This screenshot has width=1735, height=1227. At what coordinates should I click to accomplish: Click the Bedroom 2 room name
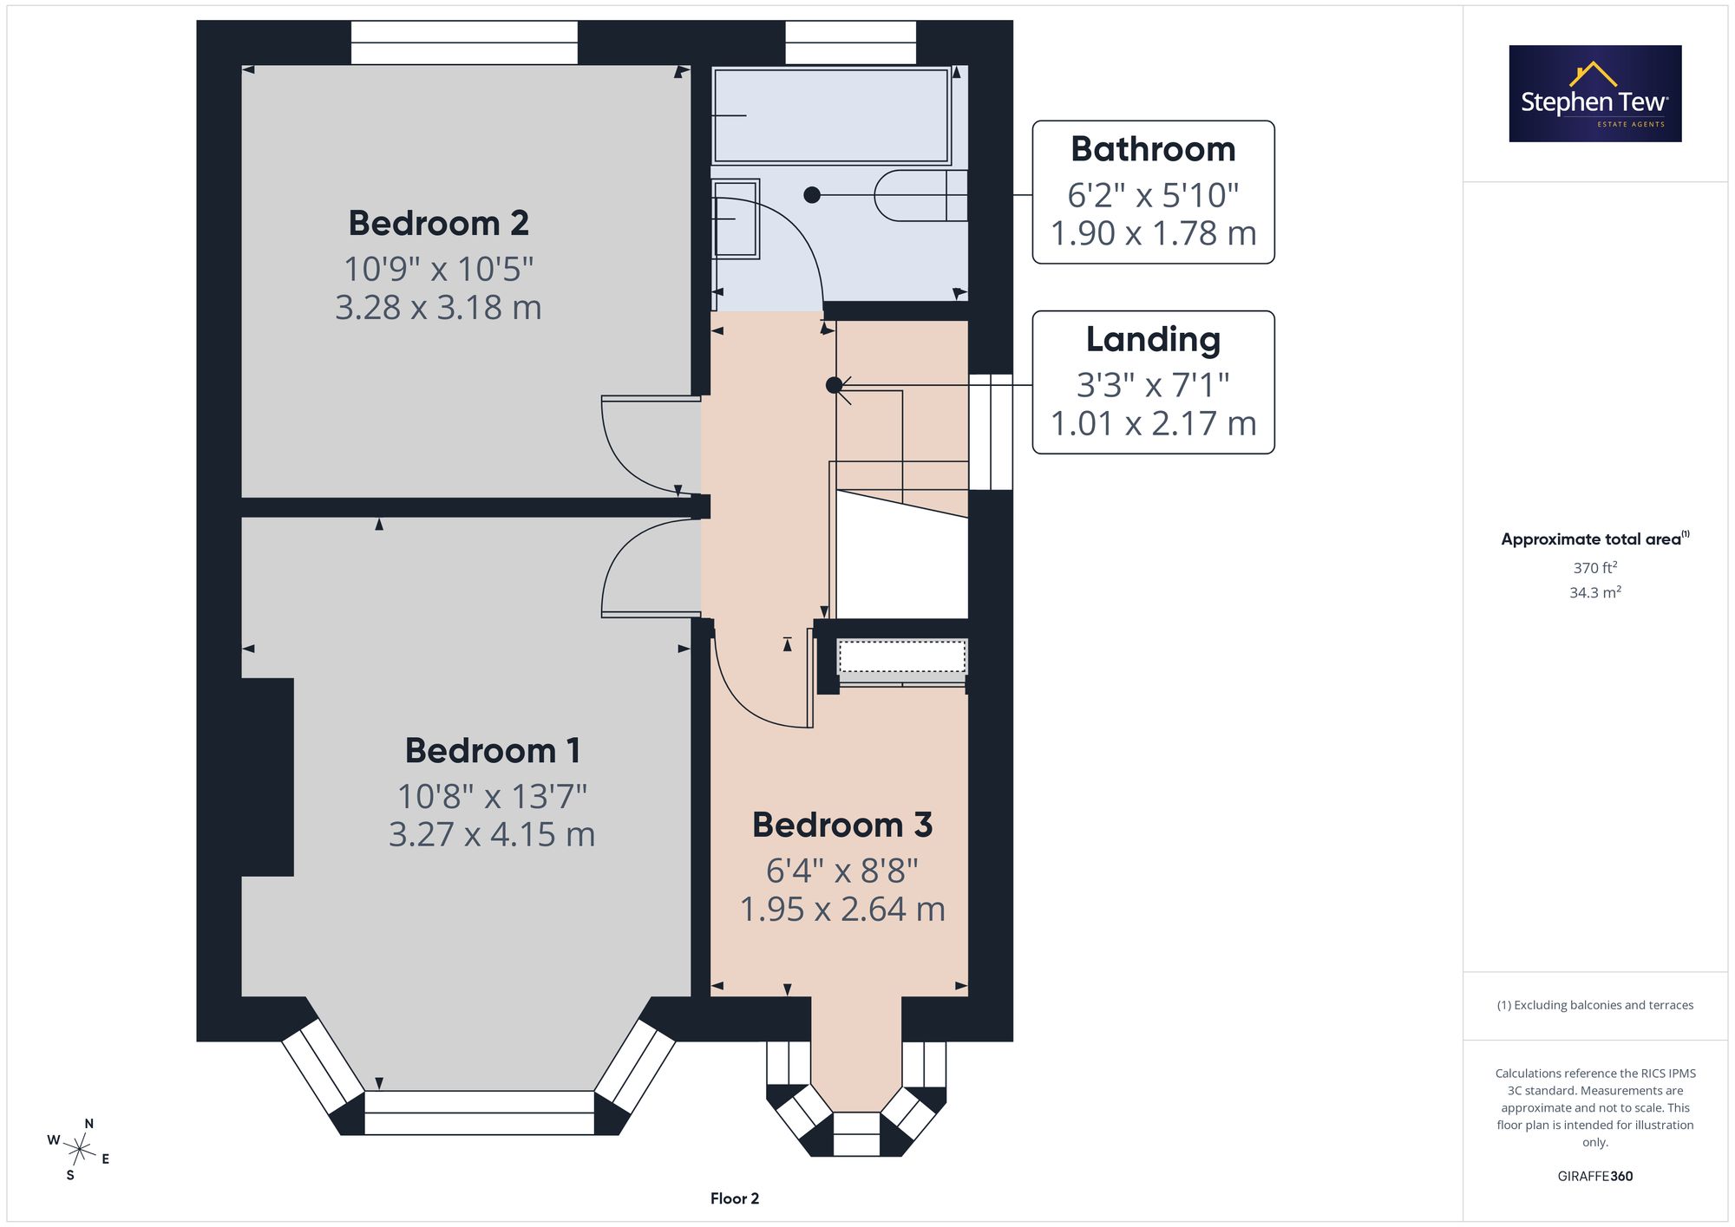point(438,223)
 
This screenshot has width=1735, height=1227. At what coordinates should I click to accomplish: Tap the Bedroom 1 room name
point(493,750)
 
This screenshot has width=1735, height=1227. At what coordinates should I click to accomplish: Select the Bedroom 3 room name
point(842,825)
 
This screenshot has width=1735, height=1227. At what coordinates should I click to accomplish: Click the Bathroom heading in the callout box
point(1153,149)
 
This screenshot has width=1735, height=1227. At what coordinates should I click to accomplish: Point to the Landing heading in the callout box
point(1153,340)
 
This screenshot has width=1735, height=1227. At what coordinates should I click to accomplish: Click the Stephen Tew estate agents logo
point(1595,94)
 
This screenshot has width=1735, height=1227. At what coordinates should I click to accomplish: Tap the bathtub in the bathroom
point(831,115)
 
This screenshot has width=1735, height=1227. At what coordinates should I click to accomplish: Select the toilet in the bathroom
point(920,195)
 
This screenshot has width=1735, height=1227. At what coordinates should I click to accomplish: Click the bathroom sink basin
point(735,219)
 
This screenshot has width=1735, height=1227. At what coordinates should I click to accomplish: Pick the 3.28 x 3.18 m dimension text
point(438,307)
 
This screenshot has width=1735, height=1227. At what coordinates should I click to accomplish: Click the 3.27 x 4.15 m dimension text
point(492,834)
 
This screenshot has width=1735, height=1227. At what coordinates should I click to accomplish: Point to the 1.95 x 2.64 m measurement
point(842,909)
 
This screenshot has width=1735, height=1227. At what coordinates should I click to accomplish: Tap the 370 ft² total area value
point(1595,568)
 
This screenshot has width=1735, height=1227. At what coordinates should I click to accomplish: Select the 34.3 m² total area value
point(1595,592)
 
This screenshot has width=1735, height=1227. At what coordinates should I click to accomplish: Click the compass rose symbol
point(79,1150)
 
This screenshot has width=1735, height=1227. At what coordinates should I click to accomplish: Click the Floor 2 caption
point(735,1198)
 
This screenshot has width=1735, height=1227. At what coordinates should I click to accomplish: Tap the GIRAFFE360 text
point(1595,1177)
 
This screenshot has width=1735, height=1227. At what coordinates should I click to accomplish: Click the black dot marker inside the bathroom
point(812,195)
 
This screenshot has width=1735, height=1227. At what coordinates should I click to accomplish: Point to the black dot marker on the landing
point(834,385)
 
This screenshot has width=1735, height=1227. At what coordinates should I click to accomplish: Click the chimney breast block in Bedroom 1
point(267,777)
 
